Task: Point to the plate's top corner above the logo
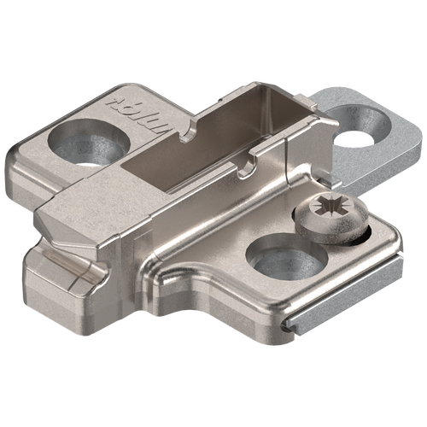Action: point(120,90)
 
